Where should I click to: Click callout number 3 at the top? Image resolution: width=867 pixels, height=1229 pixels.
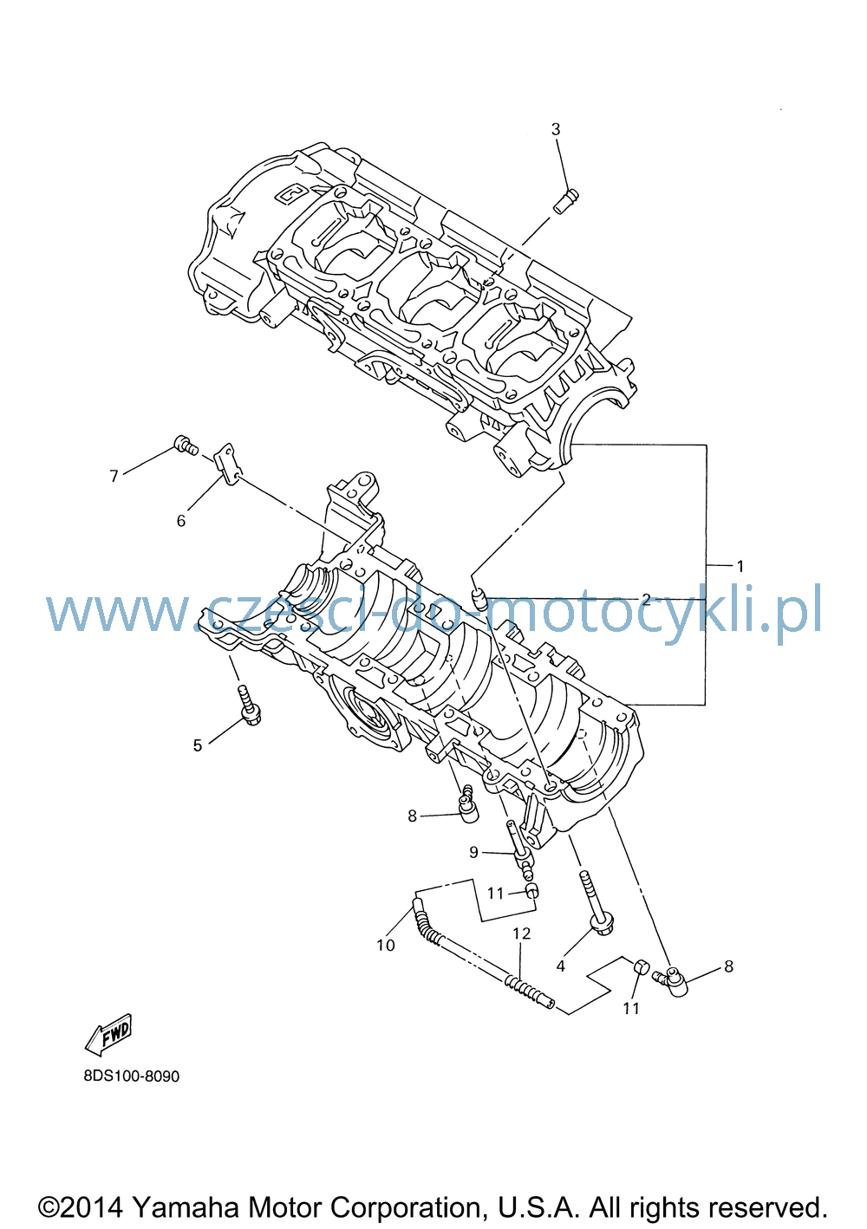(556, 129)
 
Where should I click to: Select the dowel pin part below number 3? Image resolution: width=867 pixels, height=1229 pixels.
(566, 201)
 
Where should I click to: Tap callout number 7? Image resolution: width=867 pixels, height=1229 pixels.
(114, 476)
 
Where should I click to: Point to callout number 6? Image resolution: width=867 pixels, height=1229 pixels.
(181, 520)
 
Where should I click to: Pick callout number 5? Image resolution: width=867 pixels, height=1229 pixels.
(198, 745)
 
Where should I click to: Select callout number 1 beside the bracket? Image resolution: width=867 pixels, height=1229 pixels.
(740, 566)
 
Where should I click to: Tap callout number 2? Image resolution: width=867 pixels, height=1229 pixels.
(646, 599)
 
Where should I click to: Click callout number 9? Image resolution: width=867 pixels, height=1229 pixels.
(473, 852)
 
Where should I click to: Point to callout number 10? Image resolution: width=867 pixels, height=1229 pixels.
(386, 945)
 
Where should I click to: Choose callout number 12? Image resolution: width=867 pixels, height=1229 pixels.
(522, 933)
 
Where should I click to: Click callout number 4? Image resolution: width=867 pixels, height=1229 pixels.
(560, 966)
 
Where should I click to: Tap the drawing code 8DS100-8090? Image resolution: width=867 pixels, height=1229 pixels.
(132, 1076)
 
